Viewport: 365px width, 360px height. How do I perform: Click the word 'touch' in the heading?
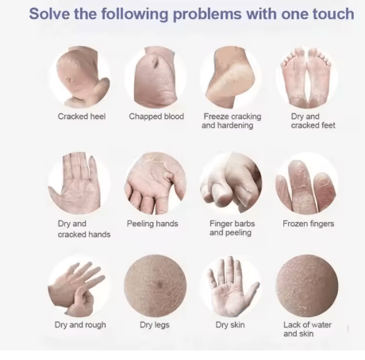click(x=333, y=13)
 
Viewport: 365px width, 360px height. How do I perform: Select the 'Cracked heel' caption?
click(x=82, y=117)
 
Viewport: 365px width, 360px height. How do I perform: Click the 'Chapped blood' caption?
click(x=156, y=117)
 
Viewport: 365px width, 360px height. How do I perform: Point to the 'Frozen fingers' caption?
click(x=309, y=224)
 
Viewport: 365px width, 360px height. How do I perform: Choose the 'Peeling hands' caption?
click(x=152, y=224)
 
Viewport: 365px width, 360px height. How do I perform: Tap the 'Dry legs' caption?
click(x=155, y=325)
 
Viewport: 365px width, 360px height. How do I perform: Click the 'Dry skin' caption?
click(x=230, y=324)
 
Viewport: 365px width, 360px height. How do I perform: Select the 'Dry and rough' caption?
click(x=80, y=325)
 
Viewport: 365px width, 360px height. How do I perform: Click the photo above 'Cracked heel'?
click(x=80, y=77)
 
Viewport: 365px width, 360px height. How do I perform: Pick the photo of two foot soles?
click(x=307, y=77)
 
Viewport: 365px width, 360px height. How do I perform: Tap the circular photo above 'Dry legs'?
click(x=156, y=286)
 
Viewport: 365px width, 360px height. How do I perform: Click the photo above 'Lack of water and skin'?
click(x=307, y=286)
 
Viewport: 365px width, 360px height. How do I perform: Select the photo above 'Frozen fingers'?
click(x=307, y=183)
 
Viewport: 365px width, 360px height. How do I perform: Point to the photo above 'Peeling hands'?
click(x=156, y=183)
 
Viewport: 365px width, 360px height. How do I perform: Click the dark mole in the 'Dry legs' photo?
click(x=159, y=285)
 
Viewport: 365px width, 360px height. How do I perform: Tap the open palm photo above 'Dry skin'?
click(x=232, y=286)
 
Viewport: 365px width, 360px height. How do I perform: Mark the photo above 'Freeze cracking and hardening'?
click(x=232, y=77)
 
